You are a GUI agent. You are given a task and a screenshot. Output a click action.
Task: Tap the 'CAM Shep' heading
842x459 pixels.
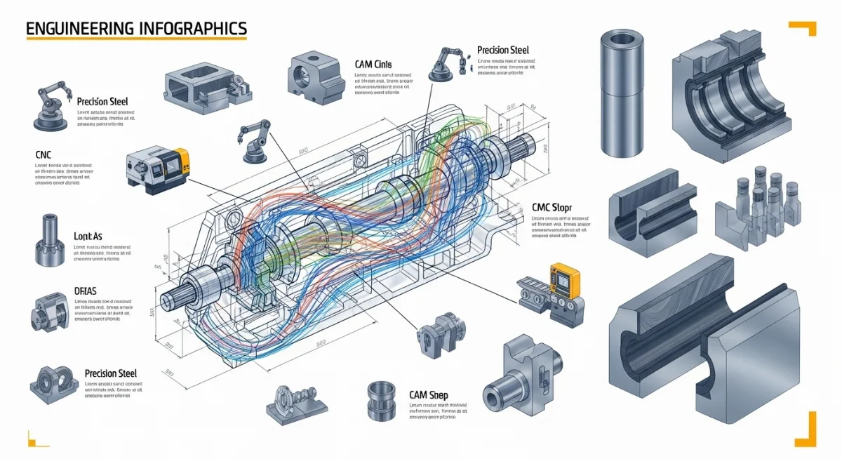[x=428, y=395]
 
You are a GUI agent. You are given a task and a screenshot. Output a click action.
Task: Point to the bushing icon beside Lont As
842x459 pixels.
[x=51, y=241]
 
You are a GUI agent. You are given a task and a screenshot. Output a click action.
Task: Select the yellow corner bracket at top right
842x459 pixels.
[x=804, y=27]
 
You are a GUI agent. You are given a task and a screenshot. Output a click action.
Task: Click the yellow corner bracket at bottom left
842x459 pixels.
[x=34, y=439]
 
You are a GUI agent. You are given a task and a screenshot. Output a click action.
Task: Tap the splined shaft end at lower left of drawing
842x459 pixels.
[x=172, y=298]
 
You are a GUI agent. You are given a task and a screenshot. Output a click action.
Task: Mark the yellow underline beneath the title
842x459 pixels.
[x=137, y=39]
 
